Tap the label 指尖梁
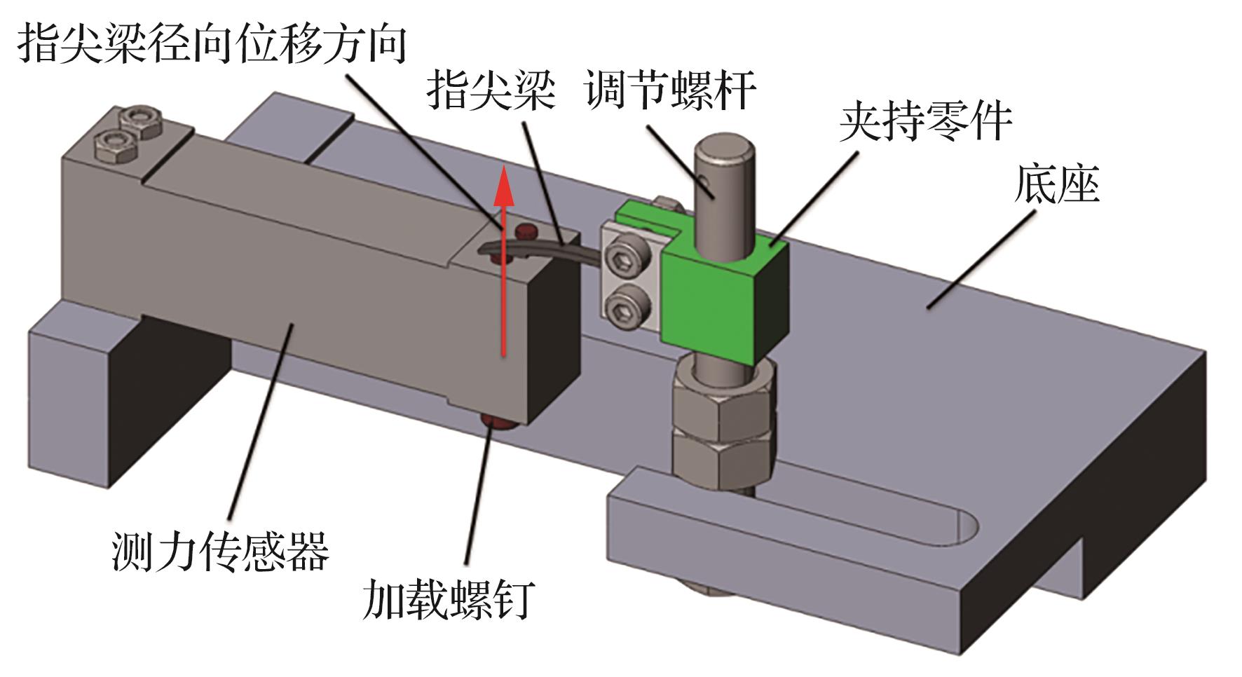pyautogui.click(x=491, y=91)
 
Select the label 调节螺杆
pyautogui.click(x=671, y=91)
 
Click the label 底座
pyautogui.click(x=1056, y=186)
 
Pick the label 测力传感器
pyautogui.click(x=220, y=550)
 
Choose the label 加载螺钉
pyautogui.click(x=449, y=599)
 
